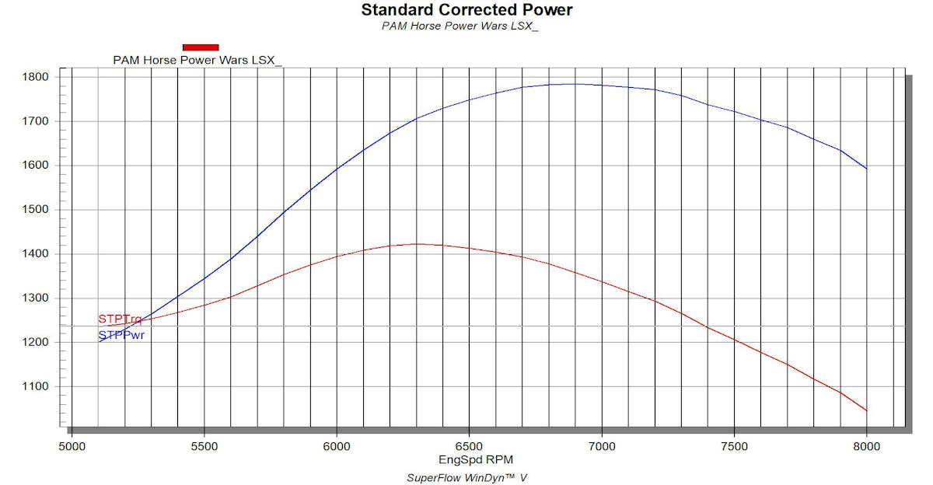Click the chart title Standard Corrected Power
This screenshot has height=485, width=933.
[466, 10]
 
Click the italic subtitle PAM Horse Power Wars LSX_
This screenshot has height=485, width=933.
[460, 26]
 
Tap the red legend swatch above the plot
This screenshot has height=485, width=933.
[201, 47]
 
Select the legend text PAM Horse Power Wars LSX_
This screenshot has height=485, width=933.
[197, 60]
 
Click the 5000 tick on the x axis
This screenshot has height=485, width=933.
[72, 446]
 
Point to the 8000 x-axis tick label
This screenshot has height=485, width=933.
[866, 446]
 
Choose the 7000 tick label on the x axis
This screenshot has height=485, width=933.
[601, 446]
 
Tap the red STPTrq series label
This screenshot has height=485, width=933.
[120, 319]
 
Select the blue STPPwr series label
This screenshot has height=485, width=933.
[121, 336]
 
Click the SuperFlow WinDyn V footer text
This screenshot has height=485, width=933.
[466, 477]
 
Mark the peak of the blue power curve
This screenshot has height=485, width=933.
[574, 84]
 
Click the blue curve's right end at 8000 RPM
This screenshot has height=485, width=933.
[866, 169]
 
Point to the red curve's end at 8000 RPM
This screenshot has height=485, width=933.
[866, 410]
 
